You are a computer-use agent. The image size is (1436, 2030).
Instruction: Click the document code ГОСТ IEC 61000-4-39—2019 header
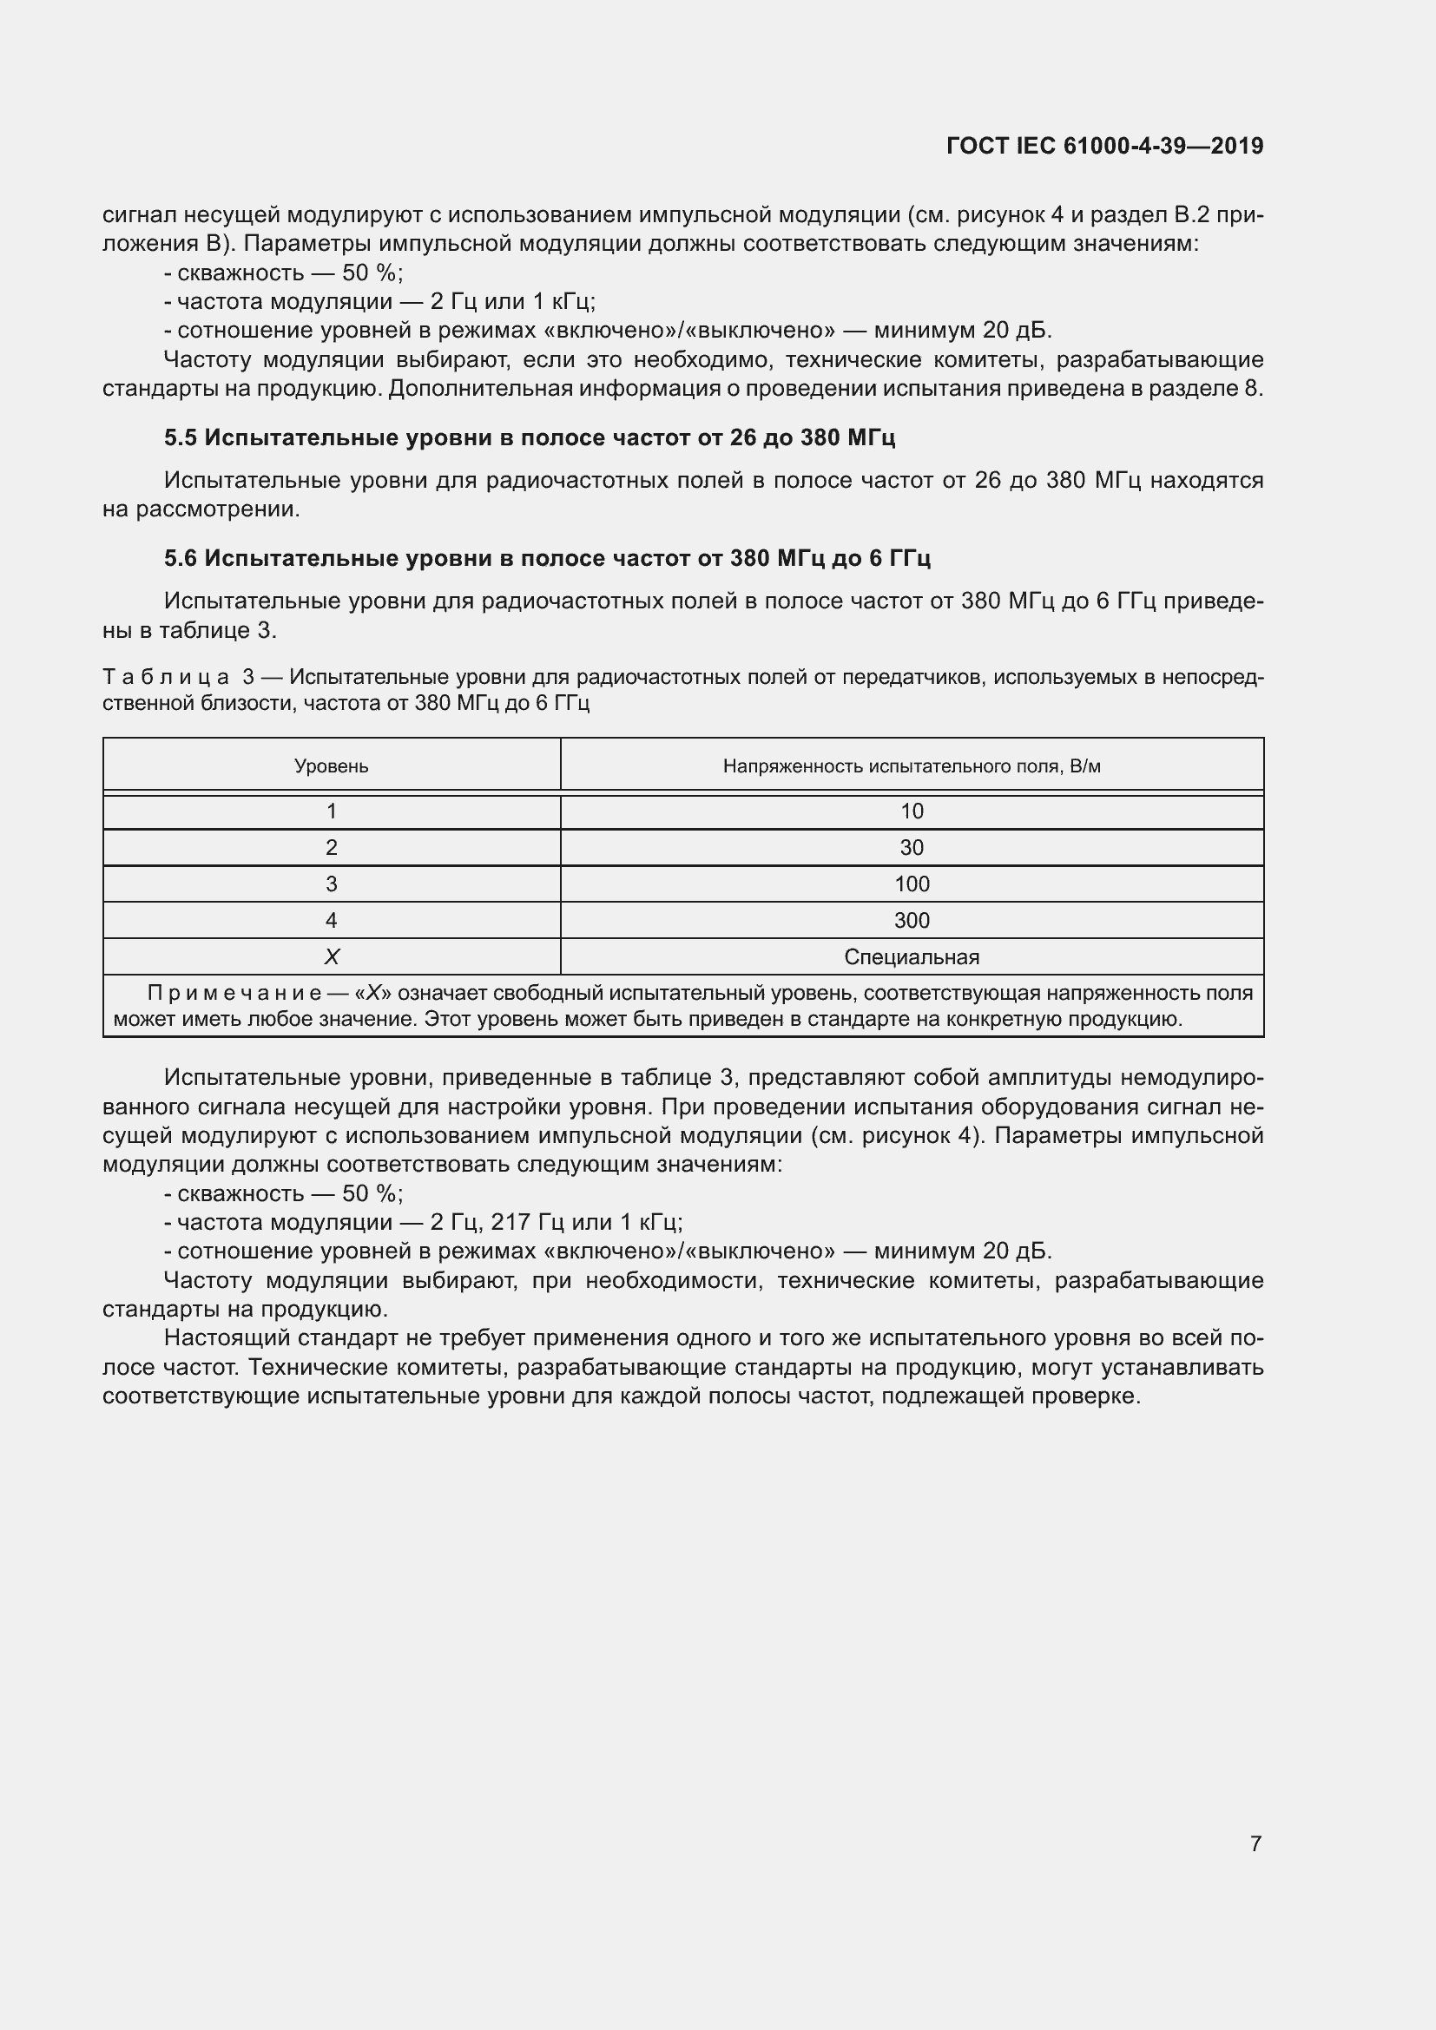[x=1103, y=146]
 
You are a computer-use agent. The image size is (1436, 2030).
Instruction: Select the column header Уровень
[x=332, y=765]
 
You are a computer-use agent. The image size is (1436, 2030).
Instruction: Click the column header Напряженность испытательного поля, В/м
[x=912, y=765]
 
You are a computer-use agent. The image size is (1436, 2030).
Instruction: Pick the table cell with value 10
[x=912, y=811]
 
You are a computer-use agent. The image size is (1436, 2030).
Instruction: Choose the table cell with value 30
[x=912, y=847]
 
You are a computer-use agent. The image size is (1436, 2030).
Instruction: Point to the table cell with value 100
[x=912, y=884]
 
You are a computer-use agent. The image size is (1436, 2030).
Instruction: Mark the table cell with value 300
[x=912, y=919]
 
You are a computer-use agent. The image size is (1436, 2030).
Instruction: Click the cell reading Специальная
[x=912, y=956]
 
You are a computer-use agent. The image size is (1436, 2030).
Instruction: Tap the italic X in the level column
[x=332, y=956]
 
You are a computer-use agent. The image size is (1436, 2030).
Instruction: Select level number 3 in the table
[x=332, y=884]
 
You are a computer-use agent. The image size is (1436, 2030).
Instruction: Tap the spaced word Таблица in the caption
[x=166, y=677]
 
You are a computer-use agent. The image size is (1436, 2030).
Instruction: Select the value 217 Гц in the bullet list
[x=528, y=1222]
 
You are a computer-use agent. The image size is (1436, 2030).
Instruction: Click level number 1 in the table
[x=332, y=811]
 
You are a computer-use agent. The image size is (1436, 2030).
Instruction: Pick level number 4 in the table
[x=332, y=919]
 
